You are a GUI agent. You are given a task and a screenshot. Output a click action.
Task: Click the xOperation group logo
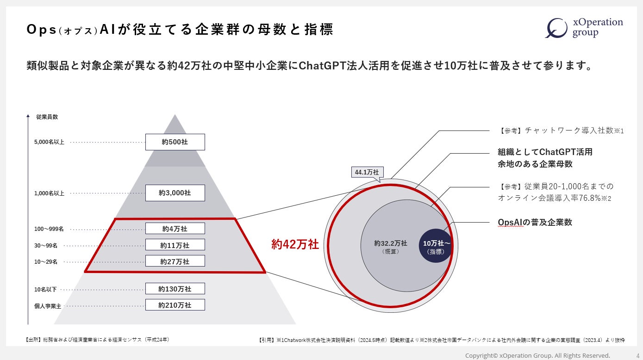click(x=584, y=28)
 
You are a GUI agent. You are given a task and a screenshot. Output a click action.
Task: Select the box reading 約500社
click(x=175, y=142)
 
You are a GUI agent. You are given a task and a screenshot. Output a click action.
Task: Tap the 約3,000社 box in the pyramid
click(x=175, y=193)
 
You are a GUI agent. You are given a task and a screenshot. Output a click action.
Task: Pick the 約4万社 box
click(x=175, y=229)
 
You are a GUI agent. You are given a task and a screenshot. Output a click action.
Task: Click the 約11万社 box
click(x=175, y=245)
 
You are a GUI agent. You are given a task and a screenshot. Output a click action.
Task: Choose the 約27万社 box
click(x=175, y=261)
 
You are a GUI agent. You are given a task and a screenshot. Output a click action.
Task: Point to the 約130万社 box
click(x=175, y=289)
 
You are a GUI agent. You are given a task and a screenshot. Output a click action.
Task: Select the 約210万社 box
click(x=175, y=305)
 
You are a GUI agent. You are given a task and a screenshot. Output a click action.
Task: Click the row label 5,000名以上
click(x=49, y=142)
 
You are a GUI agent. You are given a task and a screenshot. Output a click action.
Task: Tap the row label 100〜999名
click(x=49, y=229)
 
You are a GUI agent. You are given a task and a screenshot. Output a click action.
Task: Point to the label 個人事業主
click(x=48, y=306)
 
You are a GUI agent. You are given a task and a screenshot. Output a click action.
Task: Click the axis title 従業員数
click(x=47, y=117)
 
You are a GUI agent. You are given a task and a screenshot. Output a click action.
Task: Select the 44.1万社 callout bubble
click(x=367, y=172)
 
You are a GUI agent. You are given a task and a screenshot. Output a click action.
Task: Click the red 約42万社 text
click(x=295, y=244)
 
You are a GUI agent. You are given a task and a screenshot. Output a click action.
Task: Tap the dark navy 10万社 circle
click(x=436, y=246)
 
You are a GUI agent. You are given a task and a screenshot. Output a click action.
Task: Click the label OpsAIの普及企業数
click(x=535, y=223)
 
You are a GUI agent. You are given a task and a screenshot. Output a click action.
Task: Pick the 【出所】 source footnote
click(x=97, y=340)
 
